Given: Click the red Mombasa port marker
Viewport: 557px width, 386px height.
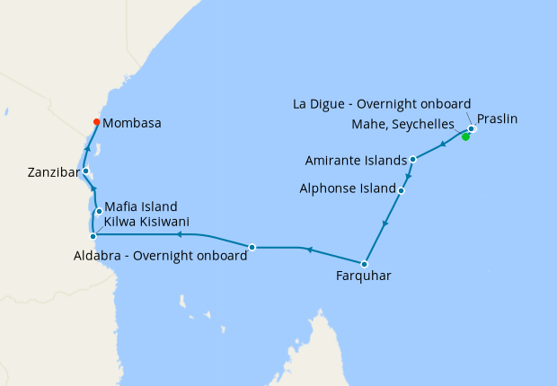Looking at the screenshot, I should pos(97,123).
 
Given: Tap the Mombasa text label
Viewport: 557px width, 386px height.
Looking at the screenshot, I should pos(132,123).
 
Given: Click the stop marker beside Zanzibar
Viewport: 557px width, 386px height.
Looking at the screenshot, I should pos(85,171).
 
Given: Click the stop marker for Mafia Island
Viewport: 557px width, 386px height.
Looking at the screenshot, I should pos(99,212).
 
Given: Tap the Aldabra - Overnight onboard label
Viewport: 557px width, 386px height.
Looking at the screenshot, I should pos(159,256).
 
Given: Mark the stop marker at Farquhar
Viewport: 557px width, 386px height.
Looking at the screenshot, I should pos(364,264).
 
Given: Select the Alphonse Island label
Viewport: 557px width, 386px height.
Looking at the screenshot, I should pos(347,189).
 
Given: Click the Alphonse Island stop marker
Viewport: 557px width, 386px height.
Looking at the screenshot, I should pos(401,190).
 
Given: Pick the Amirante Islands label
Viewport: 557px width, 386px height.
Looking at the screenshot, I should pos(356,161).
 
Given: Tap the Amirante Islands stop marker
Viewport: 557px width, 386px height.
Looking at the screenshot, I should pos(412,160).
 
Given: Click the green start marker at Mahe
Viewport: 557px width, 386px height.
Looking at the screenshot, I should pos(465,136).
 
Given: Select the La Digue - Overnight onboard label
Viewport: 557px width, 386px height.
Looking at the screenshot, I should pos(382,104).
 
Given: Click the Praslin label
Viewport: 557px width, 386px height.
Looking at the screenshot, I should pos(497,118).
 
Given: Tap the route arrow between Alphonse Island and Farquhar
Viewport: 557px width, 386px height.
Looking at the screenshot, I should pos(385,224).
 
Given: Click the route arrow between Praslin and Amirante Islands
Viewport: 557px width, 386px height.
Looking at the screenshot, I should pos(443,145).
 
